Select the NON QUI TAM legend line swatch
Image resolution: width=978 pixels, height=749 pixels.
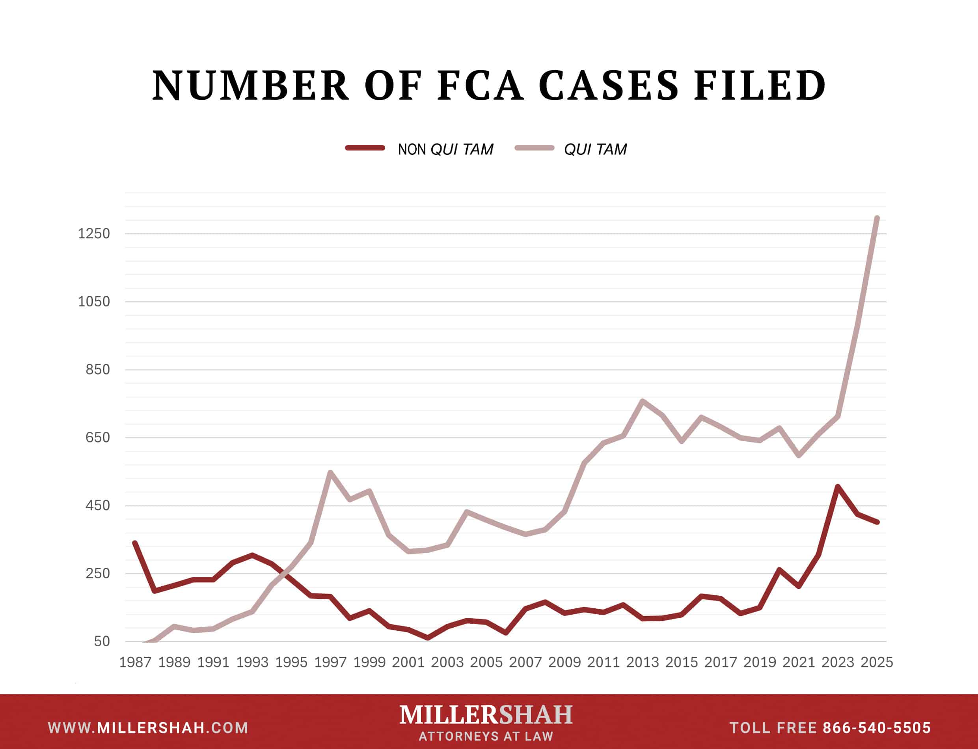365,148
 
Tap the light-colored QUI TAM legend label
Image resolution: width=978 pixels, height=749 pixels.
595,149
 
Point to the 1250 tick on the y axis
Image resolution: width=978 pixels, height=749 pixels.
94,234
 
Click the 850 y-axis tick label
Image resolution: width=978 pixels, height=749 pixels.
97,370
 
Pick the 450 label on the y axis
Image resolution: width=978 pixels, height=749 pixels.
97,506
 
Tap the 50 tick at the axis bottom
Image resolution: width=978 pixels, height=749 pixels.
102,641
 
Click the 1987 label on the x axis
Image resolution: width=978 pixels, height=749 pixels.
135,662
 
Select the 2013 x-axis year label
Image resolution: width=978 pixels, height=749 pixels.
642,662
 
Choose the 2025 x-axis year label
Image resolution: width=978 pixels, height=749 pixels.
876,662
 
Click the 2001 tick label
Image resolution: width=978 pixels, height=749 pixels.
408,662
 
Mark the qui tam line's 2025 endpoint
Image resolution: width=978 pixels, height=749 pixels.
877,218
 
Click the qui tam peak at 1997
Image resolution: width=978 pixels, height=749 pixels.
330,472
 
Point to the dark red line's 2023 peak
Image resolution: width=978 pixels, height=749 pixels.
838,487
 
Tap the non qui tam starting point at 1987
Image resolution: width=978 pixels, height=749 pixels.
135,543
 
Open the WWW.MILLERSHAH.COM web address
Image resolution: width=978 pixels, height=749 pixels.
148,728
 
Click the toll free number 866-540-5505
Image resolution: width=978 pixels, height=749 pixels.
877,728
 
